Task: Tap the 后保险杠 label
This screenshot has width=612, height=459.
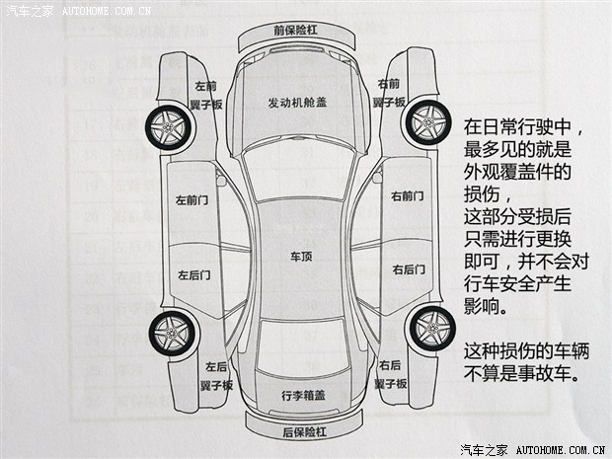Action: tap(303, 431)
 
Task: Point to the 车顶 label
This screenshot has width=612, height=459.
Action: tap(300, 257)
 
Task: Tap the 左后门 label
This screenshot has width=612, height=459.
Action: tap(192, 274)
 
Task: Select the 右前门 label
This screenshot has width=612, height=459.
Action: tap(408, 196)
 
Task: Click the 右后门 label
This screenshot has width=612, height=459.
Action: tap(408, 268)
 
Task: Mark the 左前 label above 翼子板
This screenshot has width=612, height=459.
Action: tap(205, 86)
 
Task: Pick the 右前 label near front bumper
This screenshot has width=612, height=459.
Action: tap(389, 83)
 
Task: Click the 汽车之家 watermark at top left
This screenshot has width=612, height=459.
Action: tap(30, 10)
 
